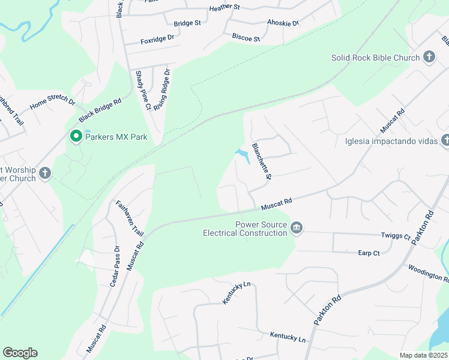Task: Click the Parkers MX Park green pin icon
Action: (x=76, y=137)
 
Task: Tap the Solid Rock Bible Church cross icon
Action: (x=429, y=58)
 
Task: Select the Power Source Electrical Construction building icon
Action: (x=296, y=228)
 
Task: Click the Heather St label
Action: (x=224, y=8)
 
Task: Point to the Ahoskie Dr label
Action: (x=283, y=23)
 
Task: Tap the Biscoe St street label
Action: (x=246, y=38)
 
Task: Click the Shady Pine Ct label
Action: (x=143, y=91)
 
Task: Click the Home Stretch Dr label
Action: (x=52, y=101)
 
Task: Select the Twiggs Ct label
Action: (x=395, y=237)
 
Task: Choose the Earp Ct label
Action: (x=369, y=253)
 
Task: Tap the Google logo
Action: (x=20, y=353)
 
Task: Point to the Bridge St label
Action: (x=187, y=23)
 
